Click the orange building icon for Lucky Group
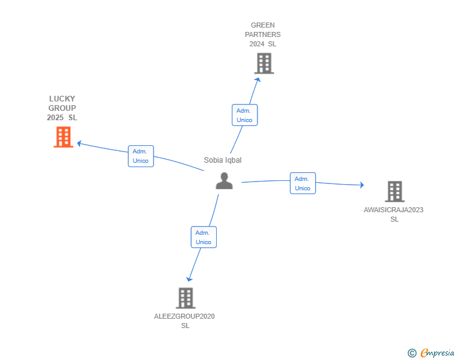point(63,137)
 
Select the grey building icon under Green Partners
point(264,63)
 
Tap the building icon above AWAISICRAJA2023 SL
point(395,192)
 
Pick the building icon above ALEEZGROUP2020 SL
point(185,298)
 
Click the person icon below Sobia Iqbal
point(224,181)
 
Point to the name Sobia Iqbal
point(222,160)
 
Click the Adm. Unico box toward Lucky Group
point(141,156)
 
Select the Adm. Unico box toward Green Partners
point(244,115)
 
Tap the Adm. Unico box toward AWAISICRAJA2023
point(303,183)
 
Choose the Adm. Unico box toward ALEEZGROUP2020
point(204,237)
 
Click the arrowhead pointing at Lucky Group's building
point(79,143)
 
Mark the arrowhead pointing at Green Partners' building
point(257,80)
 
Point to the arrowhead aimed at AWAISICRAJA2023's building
point(362,185)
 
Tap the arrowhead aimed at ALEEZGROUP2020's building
point(189,279)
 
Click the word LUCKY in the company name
point(62,99)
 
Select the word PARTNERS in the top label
point(262,34)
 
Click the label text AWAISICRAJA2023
point(393,210)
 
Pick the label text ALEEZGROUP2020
point(184,316)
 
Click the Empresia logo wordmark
point(437,352)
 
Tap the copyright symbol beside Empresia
point(412,353)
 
